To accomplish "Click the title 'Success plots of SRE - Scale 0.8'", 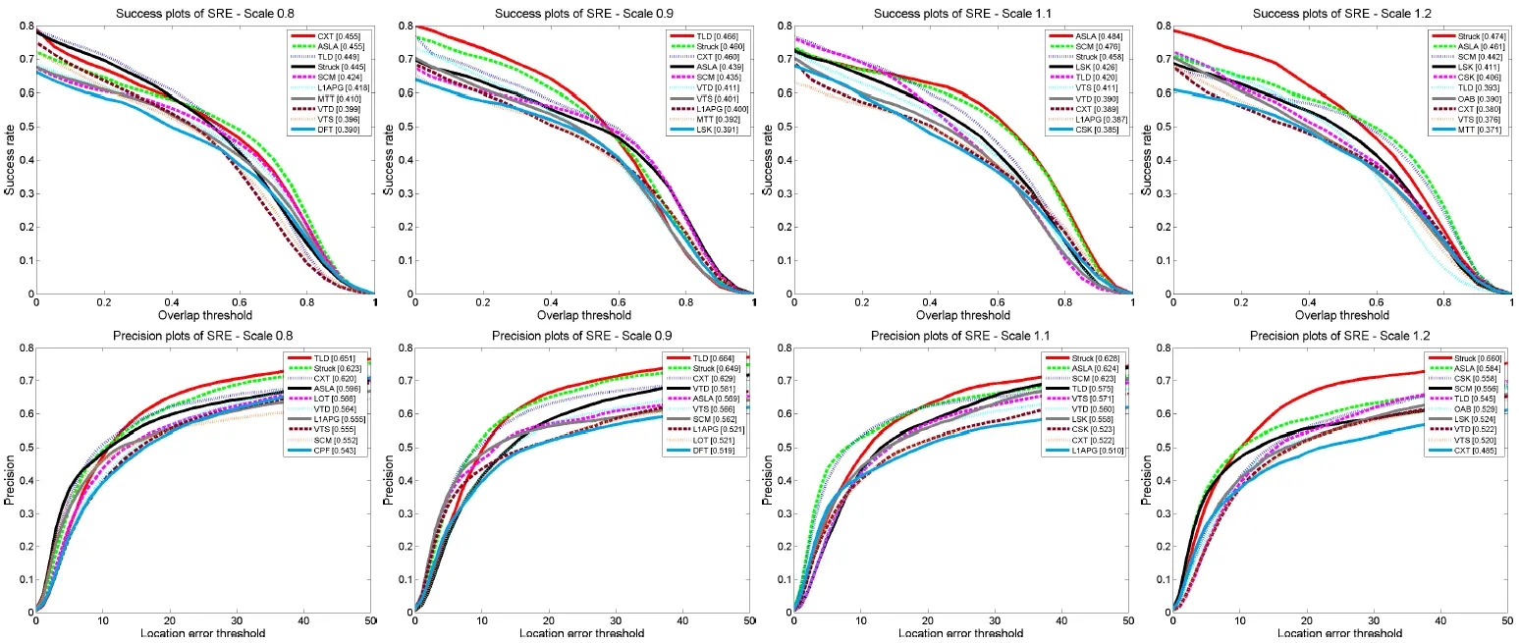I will pos(205,14).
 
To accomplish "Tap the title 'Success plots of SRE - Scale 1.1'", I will pos(962,14).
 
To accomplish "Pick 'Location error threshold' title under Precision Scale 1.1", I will pos(962,634).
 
